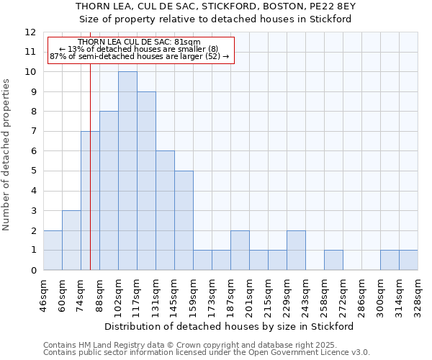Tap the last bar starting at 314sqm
click(x=408, y=260)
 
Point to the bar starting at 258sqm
click(x=333, y=260)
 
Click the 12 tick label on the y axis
click(x=30, y=32)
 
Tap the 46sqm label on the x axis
click(x=43, y=295)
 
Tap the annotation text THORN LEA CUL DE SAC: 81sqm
click(x=140, y=42)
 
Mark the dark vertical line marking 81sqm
click(x=90, y=180)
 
